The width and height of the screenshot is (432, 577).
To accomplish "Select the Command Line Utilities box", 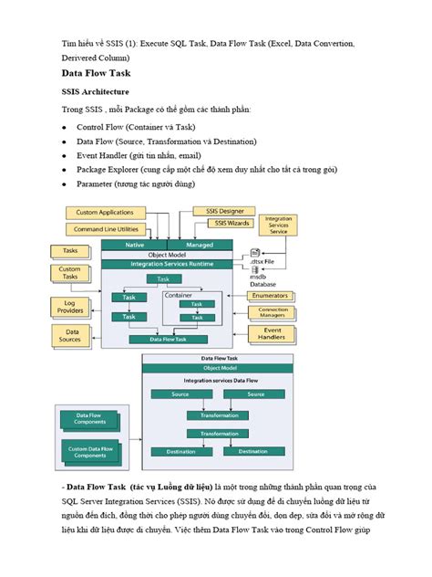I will [x=107, y=229].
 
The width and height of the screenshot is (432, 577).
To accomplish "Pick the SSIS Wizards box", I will [x=233, y=223].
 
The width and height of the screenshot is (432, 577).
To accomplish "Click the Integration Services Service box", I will [x=277, y=226].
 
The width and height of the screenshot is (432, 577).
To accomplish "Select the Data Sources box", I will [x=72, y=337].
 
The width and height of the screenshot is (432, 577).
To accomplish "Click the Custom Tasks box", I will [x=70, y=274].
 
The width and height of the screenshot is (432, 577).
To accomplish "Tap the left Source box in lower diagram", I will [x=180, y=394].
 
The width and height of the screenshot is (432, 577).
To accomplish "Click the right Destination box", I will [x=252, y=451].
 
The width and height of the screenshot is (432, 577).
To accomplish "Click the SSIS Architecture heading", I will [x=100, y=92].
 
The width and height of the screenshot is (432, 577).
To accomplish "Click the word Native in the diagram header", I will [x=135, y=245].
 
